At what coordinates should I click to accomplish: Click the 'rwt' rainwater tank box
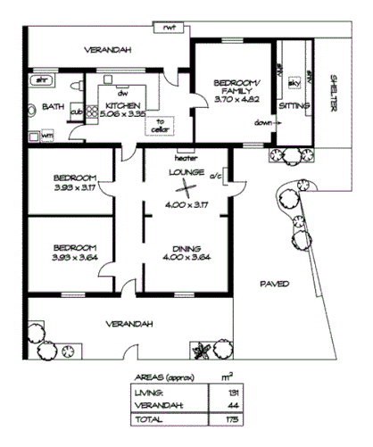tap(169, 28)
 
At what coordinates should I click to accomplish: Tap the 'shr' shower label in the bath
tap(39, 80)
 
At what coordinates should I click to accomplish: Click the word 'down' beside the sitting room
tap(262, 122)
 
